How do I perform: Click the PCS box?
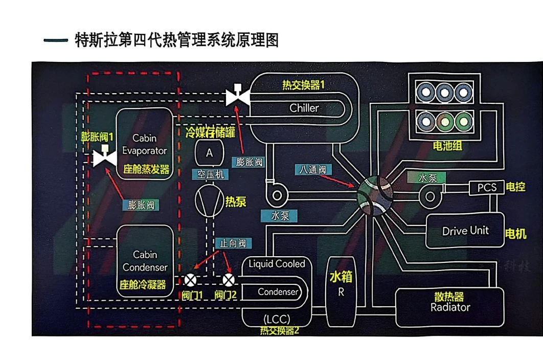point(487,188)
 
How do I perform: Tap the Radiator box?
point(450,308)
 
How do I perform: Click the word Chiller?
point(304,108)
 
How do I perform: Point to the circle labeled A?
point(209,152)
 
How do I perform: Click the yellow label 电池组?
point(447,146)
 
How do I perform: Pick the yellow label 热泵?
point(236,201)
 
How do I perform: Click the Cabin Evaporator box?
point(144,144)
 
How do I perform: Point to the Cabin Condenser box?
point(145,261)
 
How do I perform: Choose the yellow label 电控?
point(515,187)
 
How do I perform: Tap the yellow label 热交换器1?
point(304,85)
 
